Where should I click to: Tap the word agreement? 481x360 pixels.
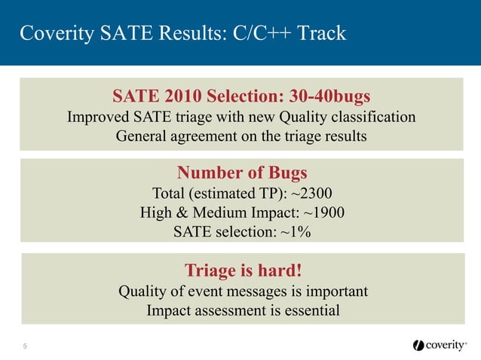(207, 136)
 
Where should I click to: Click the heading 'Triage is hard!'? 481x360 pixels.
(240, 270)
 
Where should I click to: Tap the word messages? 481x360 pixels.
(265, 291)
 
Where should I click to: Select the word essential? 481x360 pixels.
(309, 310)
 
